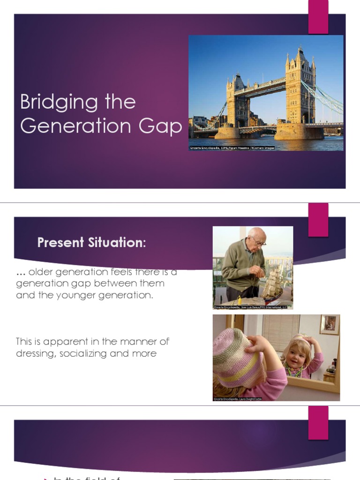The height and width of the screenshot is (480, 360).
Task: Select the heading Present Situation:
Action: (92, 243)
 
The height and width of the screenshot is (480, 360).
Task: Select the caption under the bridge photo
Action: (232, 148)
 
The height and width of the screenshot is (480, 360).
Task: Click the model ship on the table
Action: (273, 284)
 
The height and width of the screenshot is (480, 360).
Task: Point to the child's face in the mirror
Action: (296, 354)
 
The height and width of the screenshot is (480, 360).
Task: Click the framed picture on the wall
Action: (330, 324)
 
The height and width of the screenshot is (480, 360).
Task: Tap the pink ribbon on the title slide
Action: (318, 17)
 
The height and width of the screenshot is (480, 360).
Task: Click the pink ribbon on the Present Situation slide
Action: (318, 219)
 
